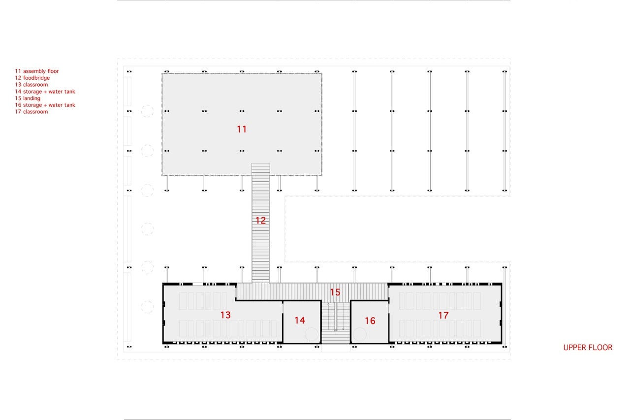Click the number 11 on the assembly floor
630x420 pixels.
coord(242,129)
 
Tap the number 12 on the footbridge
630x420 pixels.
coord(260,220)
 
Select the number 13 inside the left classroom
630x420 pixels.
coord(225,315)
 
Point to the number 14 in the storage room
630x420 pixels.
coord(300,320)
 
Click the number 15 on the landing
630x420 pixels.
coord(335,292)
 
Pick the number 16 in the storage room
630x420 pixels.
coord(370,321)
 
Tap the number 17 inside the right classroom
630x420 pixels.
coord(443,315)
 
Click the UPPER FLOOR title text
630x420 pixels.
coord(588,348)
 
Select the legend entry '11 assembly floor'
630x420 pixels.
coord(37,71)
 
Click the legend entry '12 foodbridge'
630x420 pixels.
coord(32,78)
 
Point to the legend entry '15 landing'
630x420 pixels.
coord(28,98)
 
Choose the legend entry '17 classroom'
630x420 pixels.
coord(31,112)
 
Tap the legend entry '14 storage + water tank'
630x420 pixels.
coord(45,92)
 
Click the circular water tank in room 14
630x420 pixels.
coord(312,335)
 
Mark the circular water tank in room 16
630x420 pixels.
coord(359,335)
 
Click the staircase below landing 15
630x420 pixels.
coord(336,323)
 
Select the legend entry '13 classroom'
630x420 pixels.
coord(31,85)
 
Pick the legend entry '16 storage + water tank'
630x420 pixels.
coord(45,105)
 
